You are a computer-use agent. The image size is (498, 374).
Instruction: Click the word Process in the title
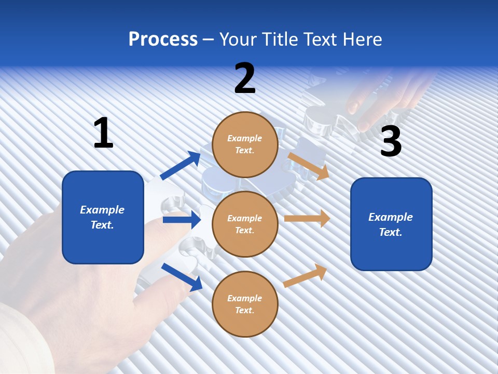163,39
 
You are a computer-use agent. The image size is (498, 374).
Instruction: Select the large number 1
103,133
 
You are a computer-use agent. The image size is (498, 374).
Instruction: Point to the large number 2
245,78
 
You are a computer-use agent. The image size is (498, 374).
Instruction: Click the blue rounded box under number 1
103,217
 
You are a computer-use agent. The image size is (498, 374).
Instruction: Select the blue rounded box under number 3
391,224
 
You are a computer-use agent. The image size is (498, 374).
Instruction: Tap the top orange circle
245,144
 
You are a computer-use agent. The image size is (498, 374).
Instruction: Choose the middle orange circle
245,224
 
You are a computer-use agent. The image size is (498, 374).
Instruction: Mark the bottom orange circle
245,304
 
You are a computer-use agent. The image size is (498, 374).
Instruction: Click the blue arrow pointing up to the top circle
181,165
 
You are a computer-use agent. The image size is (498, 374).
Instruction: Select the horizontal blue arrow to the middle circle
182,220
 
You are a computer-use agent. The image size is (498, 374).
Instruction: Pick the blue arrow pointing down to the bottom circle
182,277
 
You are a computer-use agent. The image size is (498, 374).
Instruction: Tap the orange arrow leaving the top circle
309,166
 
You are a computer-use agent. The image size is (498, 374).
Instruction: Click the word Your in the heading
241,39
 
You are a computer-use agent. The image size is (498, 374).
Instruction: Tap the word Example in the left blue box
102,210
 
